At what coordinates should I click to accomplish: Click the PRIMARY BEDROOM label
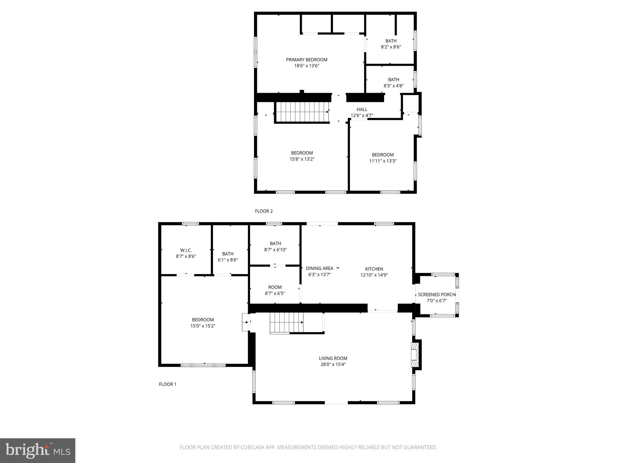point(306,60)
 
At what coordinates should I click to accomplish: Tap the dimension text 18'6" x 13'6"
point(306,66)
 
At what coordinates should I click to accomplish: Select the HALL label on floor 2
point(362,109)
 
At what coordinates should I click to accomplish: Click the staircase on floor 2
point(302,112)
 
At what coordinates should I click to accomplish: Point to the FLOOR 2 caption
point(264,211)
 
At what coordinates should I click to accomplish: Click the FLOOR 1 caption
point(168,384)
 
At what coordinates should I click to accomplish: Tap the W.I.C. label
point(186,250)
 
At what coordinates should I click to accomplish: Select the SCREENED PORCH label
point(437,294)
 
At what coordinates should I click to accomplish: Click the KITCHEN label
point(374,269)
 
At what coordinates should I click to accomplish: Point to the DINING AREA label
point(319,268)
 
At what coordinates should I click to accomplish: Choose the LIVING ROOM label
point(333,358)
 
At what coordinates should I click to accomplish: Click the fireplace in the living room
point(415,354)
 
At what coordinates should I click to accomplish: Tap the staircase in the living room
point(286,322)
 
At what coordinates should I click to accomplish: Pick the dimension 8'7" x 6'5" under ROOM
point(275,293)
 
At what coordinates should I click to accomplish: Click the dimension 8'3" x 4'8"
point(393,86)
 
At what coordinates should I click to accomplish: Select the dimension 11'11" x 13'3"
point(383,161)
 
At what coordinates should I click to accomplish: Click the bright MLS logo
point(38,450)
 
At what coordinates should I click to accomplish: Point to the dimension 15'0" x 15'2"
point(203,326)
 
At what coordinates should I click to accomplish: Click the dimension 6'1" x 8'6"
point(228,260)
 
